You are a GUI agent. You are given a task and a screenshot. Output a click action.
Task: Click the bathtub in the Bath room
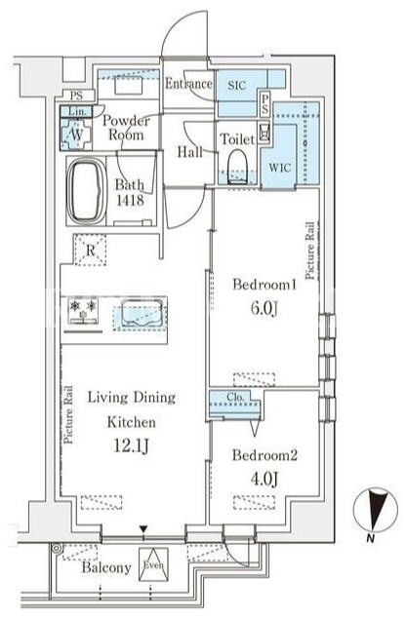87,191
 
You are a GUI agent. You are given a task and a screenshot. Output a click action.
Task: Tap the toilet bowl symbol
237,166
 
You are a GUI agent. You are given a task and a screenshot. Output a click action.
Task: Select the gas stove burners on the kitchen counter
83,311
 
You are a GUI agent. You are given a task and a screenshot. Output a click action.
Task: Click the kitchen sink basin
142,313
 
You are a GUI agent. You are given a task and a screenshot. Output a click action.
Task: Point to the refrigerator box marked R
91,250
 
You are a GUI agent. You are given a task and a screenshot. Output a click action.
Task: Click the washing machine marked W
76,134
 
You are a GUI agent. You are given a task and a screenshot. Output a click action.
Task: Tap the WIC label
280,168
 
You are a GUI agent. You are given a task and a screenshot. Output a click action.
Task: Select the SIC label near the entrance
237,85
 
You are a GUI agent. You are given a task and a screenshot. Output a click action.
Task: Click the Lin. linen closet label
77,111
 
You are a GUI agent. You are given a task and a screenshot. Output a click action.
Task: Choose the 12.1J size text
131,445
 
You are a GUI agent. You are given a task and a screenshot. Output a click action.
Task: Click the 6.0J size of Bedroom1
264,308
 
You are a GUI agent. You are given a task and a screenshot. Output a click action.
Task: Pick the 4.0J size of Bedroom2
264,479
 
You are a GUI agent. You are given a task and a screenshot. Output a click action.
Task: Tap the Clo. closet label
235,398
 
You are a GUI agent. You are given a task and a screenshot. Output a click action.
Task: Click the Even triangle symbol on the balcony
153,564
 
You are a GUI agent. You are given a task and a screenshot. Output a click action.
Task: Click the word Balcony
106,568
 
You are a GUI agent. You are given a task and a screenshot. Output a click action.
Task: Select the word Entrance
188,84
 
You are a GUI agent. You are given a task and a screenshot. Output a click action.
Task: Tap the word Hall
189,152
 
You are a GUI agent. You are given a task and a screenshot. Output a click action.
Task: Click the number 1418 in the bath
130,200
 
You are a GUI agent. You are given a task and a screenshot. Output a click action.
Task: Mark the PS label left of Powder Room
76,96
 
